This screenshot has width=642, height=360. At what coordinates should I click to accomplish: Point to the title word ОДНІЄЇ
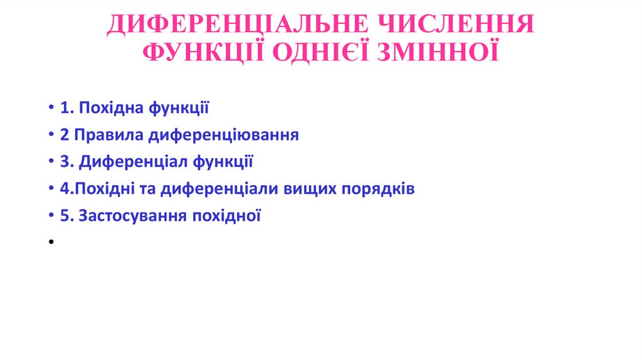[320, 51]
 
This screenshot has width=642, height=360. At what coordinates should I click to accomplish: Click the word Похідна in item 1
[111, 108]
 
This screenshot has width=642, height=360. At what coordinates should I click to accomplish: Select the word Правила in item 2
[106, 135]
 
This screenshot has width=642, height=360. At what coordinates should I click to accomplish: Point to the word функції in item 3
[223, 162]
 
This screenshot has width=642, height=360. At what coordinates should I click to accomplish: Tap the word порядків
[378, 189]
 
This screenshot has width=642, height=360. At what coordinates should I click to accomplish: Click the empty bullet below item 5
[50, 242]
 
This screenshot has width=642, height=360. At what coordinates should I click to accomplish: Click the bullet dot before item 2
[50, 135]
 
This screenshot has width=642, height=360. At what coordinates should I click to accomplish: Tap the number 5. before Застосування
[66, 216]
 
